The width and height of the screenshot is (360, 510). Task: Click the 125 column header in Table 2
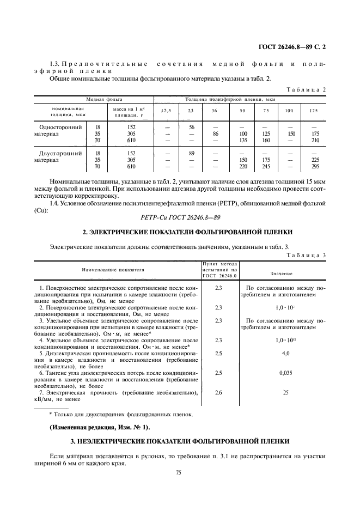[313, 111]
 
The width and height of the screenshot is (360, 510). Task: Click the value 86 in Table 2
[215, 133]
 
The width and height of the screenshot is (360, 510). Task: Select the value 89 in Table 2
[191, 154]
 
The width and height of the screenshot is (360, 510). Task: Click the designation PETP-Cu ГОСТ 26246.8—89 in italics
[179, 216]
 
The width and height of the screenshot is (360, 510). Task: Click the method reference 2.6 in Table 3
[219, 392]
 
